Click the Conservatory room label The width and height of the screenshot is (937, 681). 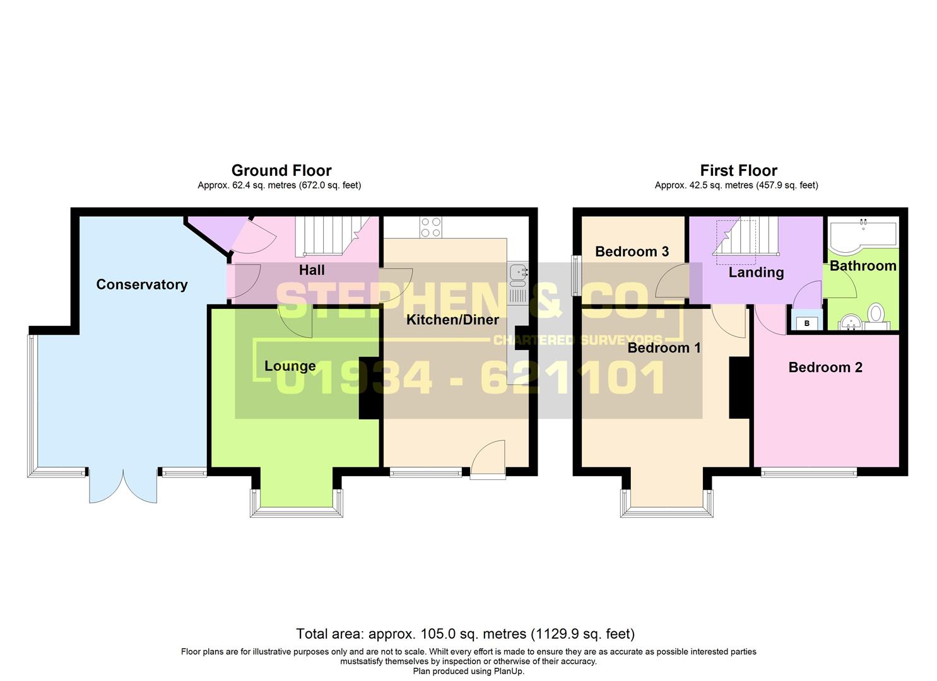[x=141, y=284]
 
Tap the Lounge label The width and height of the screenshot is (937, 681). [x=290, y=366]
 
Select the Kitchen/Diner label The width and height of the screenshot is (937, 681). [x=452, y=320]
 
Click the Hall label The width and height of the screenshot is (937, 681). [x=312, y=270]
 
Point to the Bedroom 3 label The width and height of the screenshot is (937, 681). [x=632, y=252]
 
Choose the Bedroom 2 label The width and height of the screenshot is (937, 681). [x=825, y=367]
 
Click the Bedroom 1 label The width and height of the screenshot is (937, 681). [x=664, y=347]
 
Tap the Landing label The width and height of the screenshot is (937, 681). [x=756, y=272]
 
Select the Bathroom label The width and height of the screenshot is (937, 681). [x=863, y=265]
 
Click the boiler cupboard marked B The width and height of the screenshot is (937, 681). [x=807, y=323]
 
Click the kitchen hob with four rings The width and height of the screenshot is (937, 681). [x=431, y=227]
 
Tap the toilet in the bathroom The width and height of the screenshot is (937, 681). [x=876, y=313]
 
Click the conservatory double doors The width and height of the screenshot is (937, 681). [x=123, y=485]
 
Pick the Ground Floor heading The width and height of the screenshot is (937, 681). [x=281, y=170]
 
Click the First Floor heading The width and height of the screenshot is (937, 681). [x=738, y=170]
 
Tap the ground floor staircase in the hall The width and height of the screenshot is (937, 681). [x=325, y=236]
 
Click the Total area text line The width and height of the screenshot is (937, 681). [x=466, y=634]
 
